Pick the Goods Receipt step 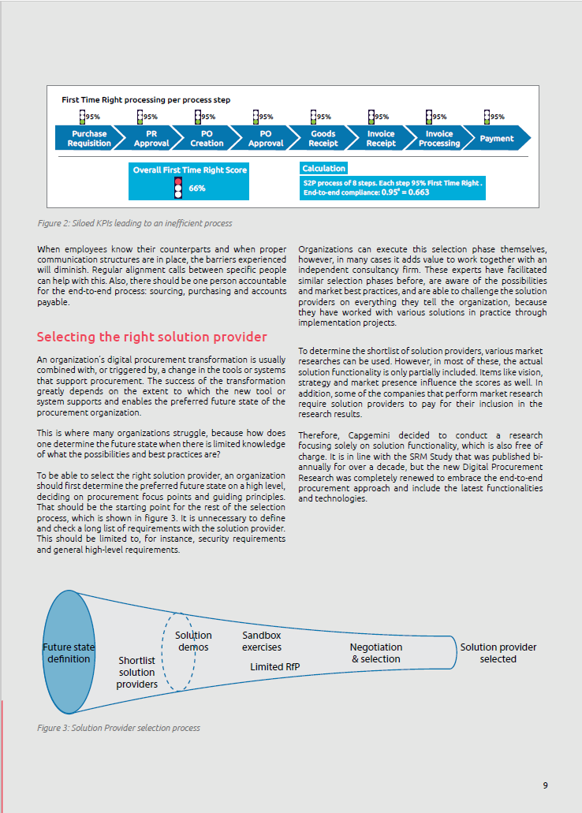point(322,139)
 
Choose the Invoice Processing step point(438,139)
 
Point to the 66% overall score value point(197,188)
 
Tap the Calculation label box point(323,168)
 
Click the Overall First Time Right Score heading point(189,170)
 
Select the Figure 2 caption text point(135,223)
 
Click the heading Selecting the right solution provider point(152,338)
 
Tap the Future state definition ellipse point(69,653)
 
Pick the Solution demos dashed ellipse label point(193,641)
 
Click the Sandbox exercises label point(261,641)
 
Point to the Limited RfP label point(274,667)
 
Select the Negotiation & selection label point(375,653)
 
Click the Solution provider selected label point(498,653)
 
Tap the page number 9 point(545,785)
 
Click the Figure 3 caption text point(118,728)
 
